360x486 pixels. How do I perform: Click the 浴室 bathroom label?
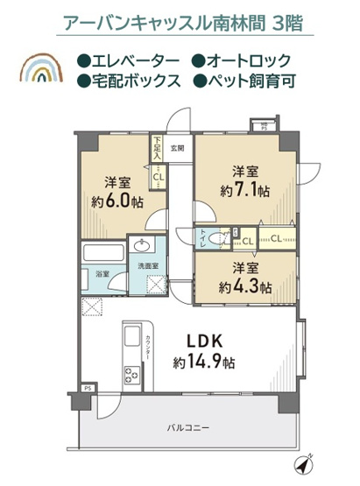pyautogui.click(x=102, y=274)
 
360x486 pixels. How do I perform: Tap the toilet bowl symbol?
pyautogui.click(x=224, y=237)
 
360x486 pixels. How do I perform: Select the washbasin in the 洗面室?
pyautogui.click(x=141, y=246)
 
